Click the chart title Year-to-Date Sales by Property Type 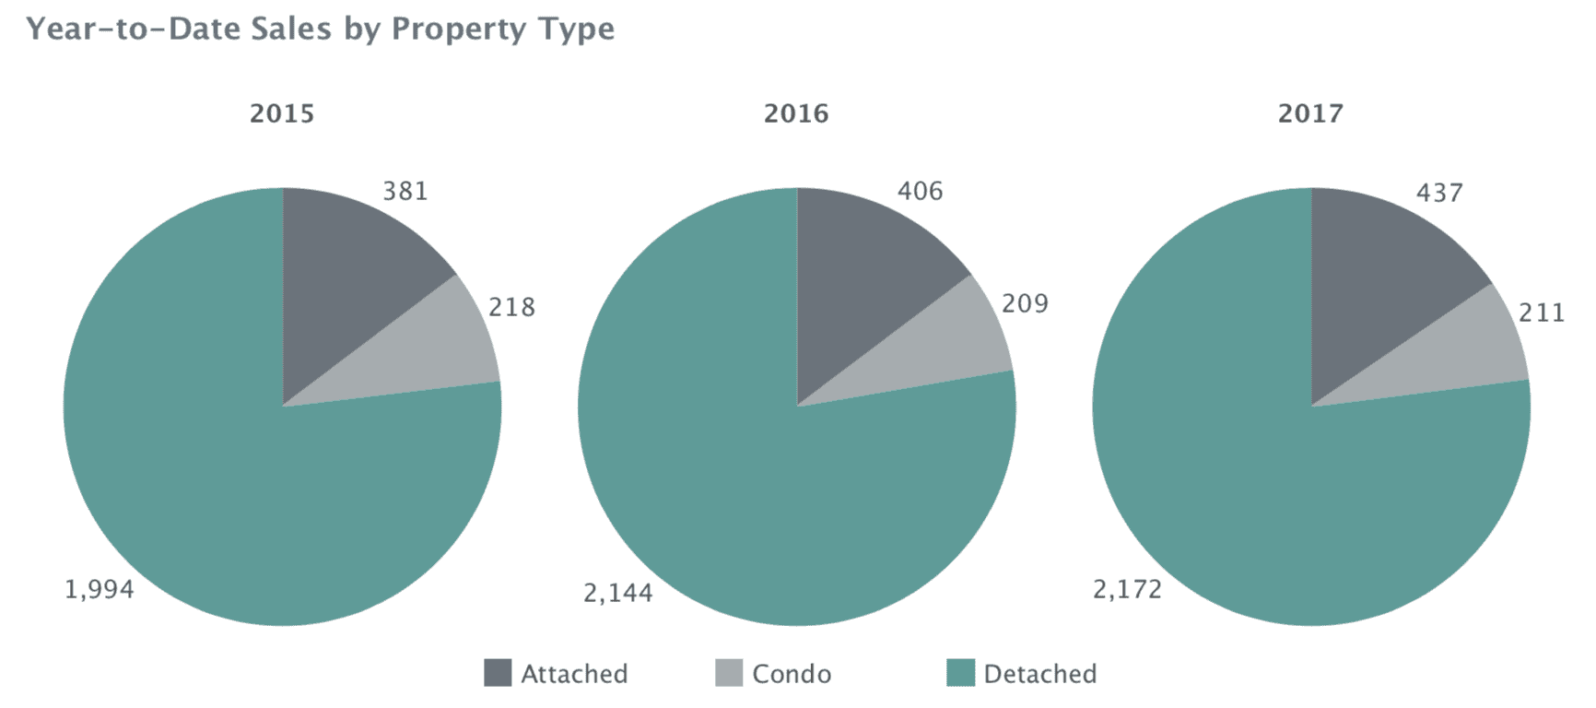[320, 29]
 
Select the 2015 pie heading [282, 113]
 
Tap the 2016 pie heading [796, 113]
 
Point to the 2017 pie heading [1310, 113]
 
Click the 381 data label [405, 191]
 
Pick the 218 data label [511, 307]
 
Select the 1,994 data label [99, 589]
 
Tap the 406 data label [920, 191]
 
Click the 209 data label [1025, 303]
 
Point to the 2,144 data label [617, 593]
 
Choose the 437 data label [1438, 193]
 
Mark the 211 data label [1542, 313]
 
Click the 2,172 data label [1127, 589]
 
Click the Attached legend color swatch [498, 673]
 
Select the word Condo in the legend [792, 674]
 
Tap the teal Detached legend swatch [960, 673]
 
